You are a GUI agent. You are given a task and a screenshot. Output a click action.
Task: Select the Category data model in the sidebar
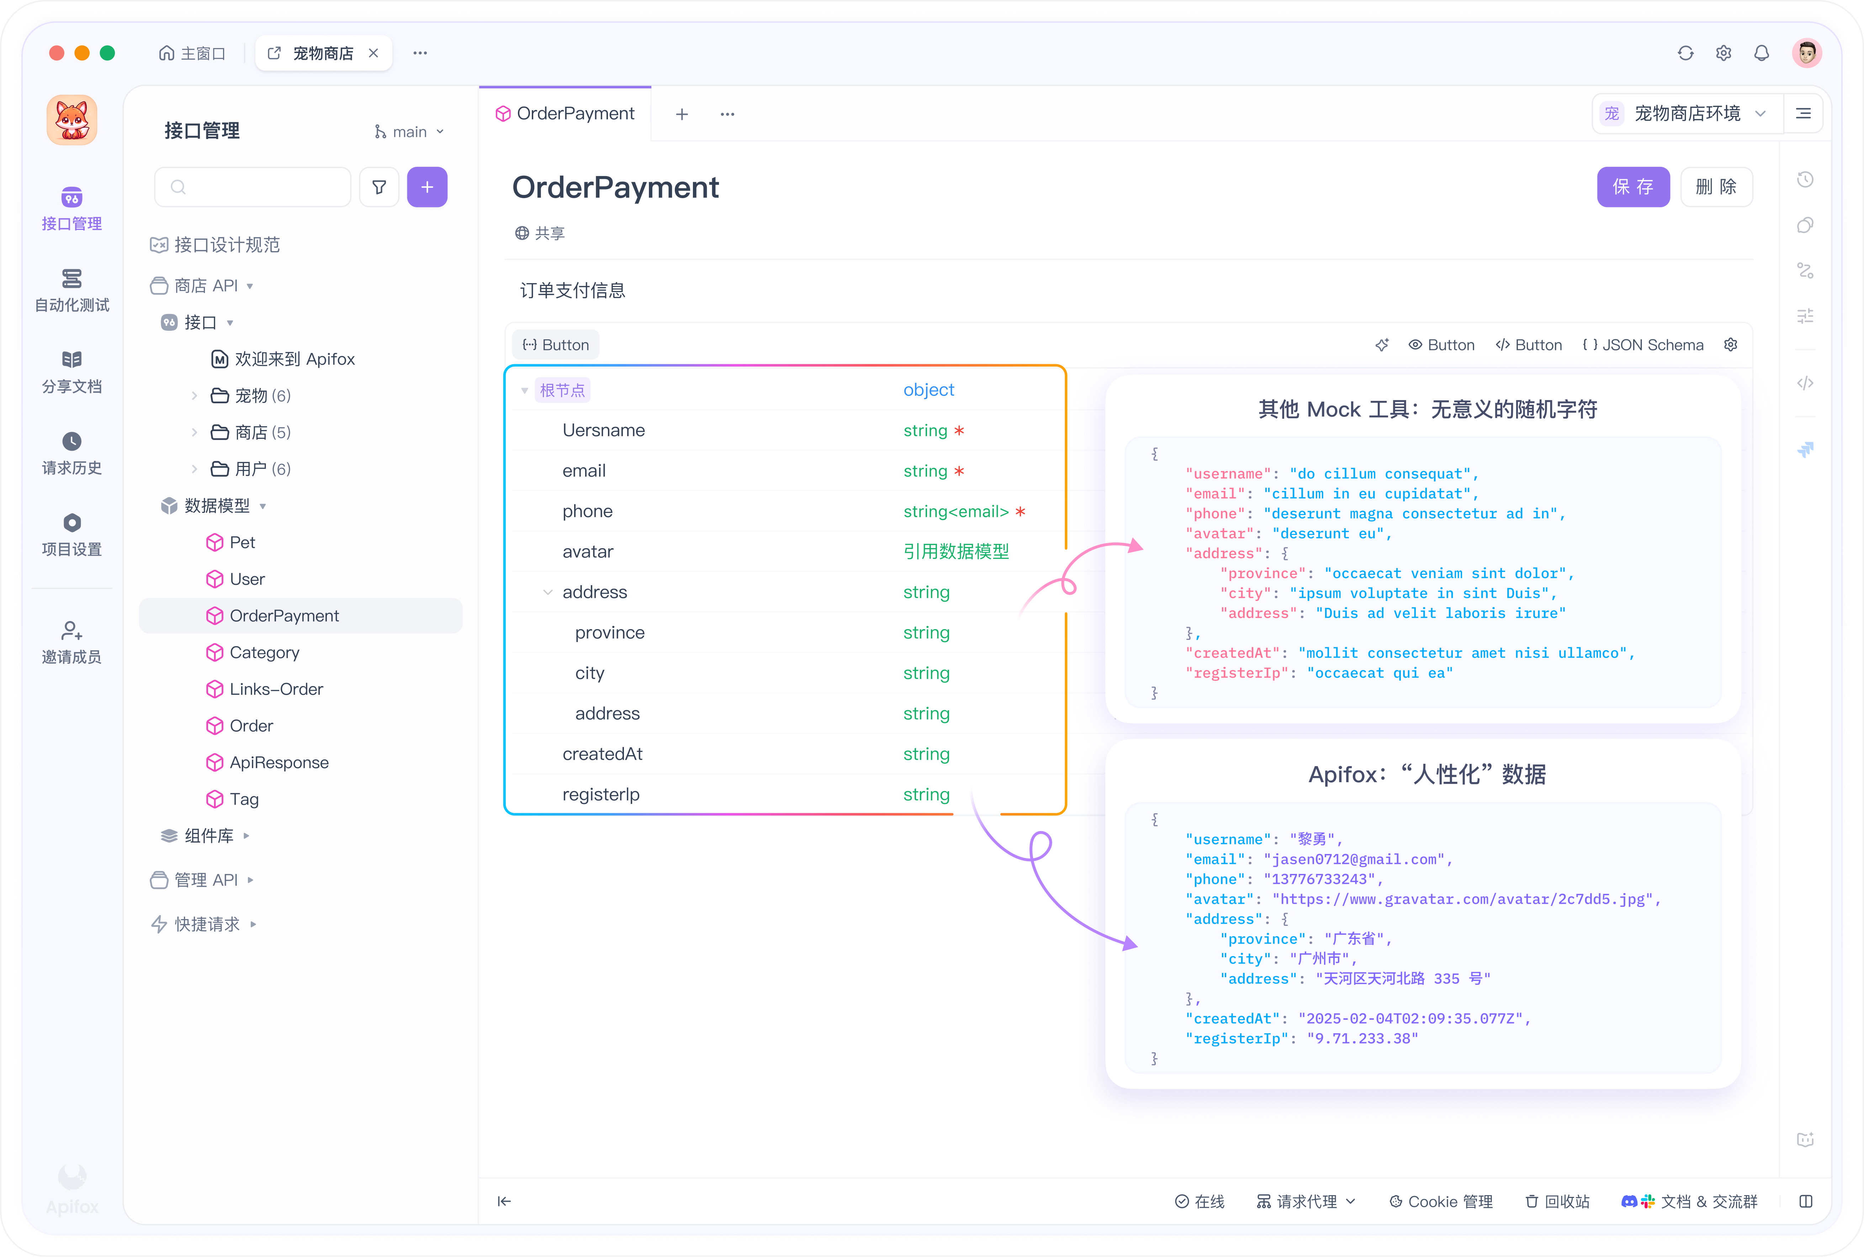[x=264, y=653]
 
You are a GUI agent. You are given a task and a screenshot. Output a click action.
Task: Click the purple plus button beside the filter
[x=427, y=187]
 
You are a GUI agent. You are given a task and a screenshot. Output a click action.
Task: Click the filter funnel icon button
[x=379, y=187]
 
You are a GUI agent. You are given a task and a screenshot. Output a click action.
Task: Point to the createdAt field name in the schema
[x=603, y=754]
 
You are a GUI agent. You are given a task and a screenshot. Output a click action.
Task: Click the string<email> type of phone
[x=955, y=511]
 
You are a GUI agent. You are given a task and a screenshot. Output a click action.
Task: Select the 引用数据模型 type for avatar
[x=955, y=552]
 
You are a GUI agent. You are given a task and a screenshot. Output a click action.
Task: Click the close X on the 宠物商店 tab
[x=374, y=53]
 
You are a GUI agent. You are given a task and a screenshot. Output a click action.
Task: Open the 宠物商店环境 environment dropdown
[x=1687, y=113]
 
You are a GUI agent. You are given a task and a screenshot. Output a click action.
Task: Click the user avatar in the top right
[x=1806, y=53]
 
